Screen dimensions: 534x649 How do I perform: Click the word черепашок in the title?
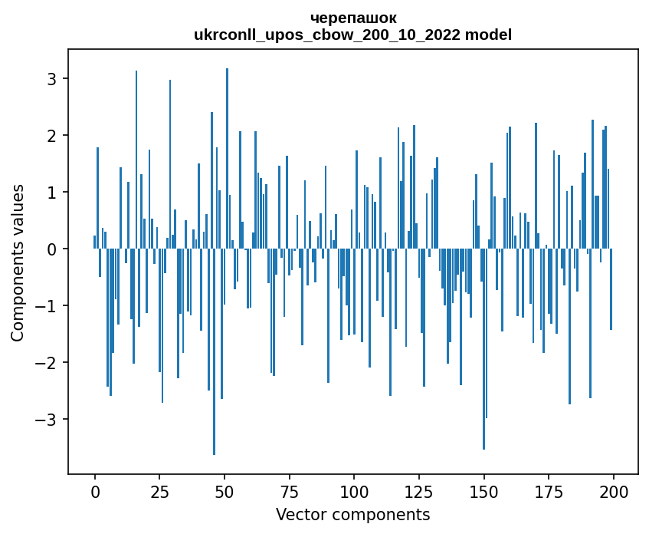click(x=353, y=18)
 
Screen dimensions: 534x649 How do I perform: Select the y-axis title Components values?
click(x=18, y=262)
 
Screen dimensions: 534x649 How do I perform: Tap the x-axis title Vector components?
click(x=352, y=514)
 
